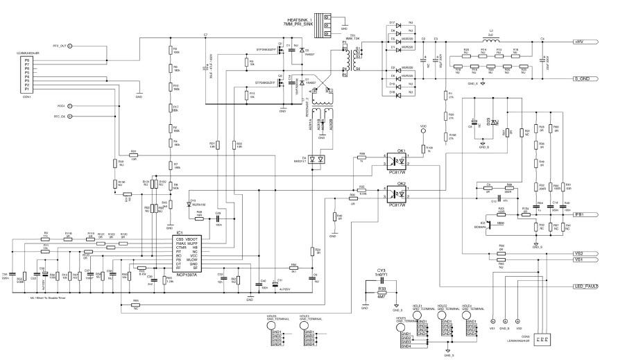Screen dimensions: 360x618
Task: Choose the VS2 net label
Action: [x=577, y=253]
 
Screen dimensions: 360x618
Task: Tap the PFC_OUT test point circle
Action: [x=70, y=46]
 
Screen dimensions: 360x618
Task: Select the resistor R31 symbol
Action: [x=134, y=155]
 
